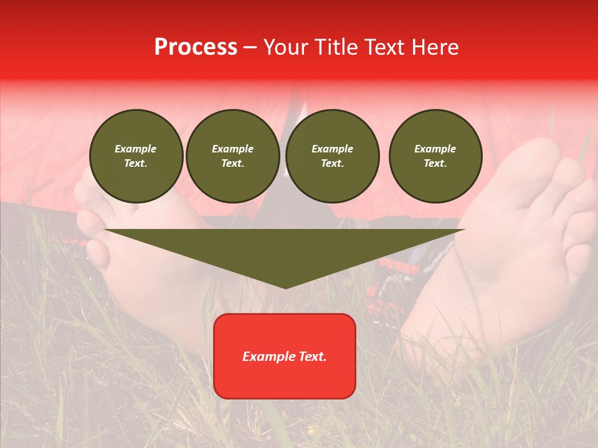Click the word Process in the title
pyautogui.click(x=196, y=47)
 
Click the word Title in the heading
pyautogui.click(x=333, y=47)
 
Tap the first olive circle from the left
pyautogui.click(x=136, y=156)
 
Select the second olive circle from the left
pyautogui.click(x=233, y=156)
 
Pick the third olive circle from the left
pyautogui.click(x=332, y=156)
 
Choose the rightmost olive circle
pyautogui.click(x=435, y=156)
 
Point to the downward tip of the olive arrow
pyautogui.click(x=285, y=287)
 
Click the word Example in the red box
pyautogui.click(x=268, y=357)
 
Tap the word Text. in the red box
pyautogui.click(x=311, y=357)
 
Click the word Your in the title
pyautogui.click(x=286, y=47)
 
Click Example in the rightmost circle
pyautogui.click(x=435, y=149)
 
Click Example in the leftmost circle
pyautogui.click(x=136, y=149)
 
